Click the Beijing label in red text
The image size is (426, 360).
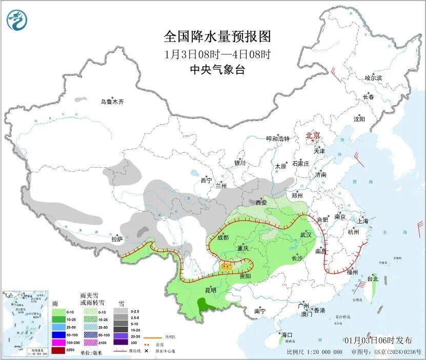(x=313, y=136)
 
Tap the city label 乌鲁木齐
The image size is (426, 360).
(x=112, y=102)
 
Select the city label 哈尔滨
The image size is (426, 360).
(x=373, y=78)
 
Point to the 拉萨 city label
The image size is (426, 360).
(x=117, y=238)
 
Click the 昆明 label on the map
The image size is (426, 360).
(x=210, y=290)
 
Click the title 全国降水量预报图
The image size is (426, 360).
(x=217, y=37)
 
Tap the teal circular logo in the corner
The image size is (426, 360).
(x=17, y=20)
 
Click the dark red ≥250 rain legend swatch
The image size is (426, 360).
(x=58, y=350)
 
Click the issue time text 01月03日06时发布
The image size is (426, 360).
(x=378, y=340)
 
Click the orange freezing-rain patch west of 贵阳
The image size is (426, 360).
(x=226, y=266)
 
